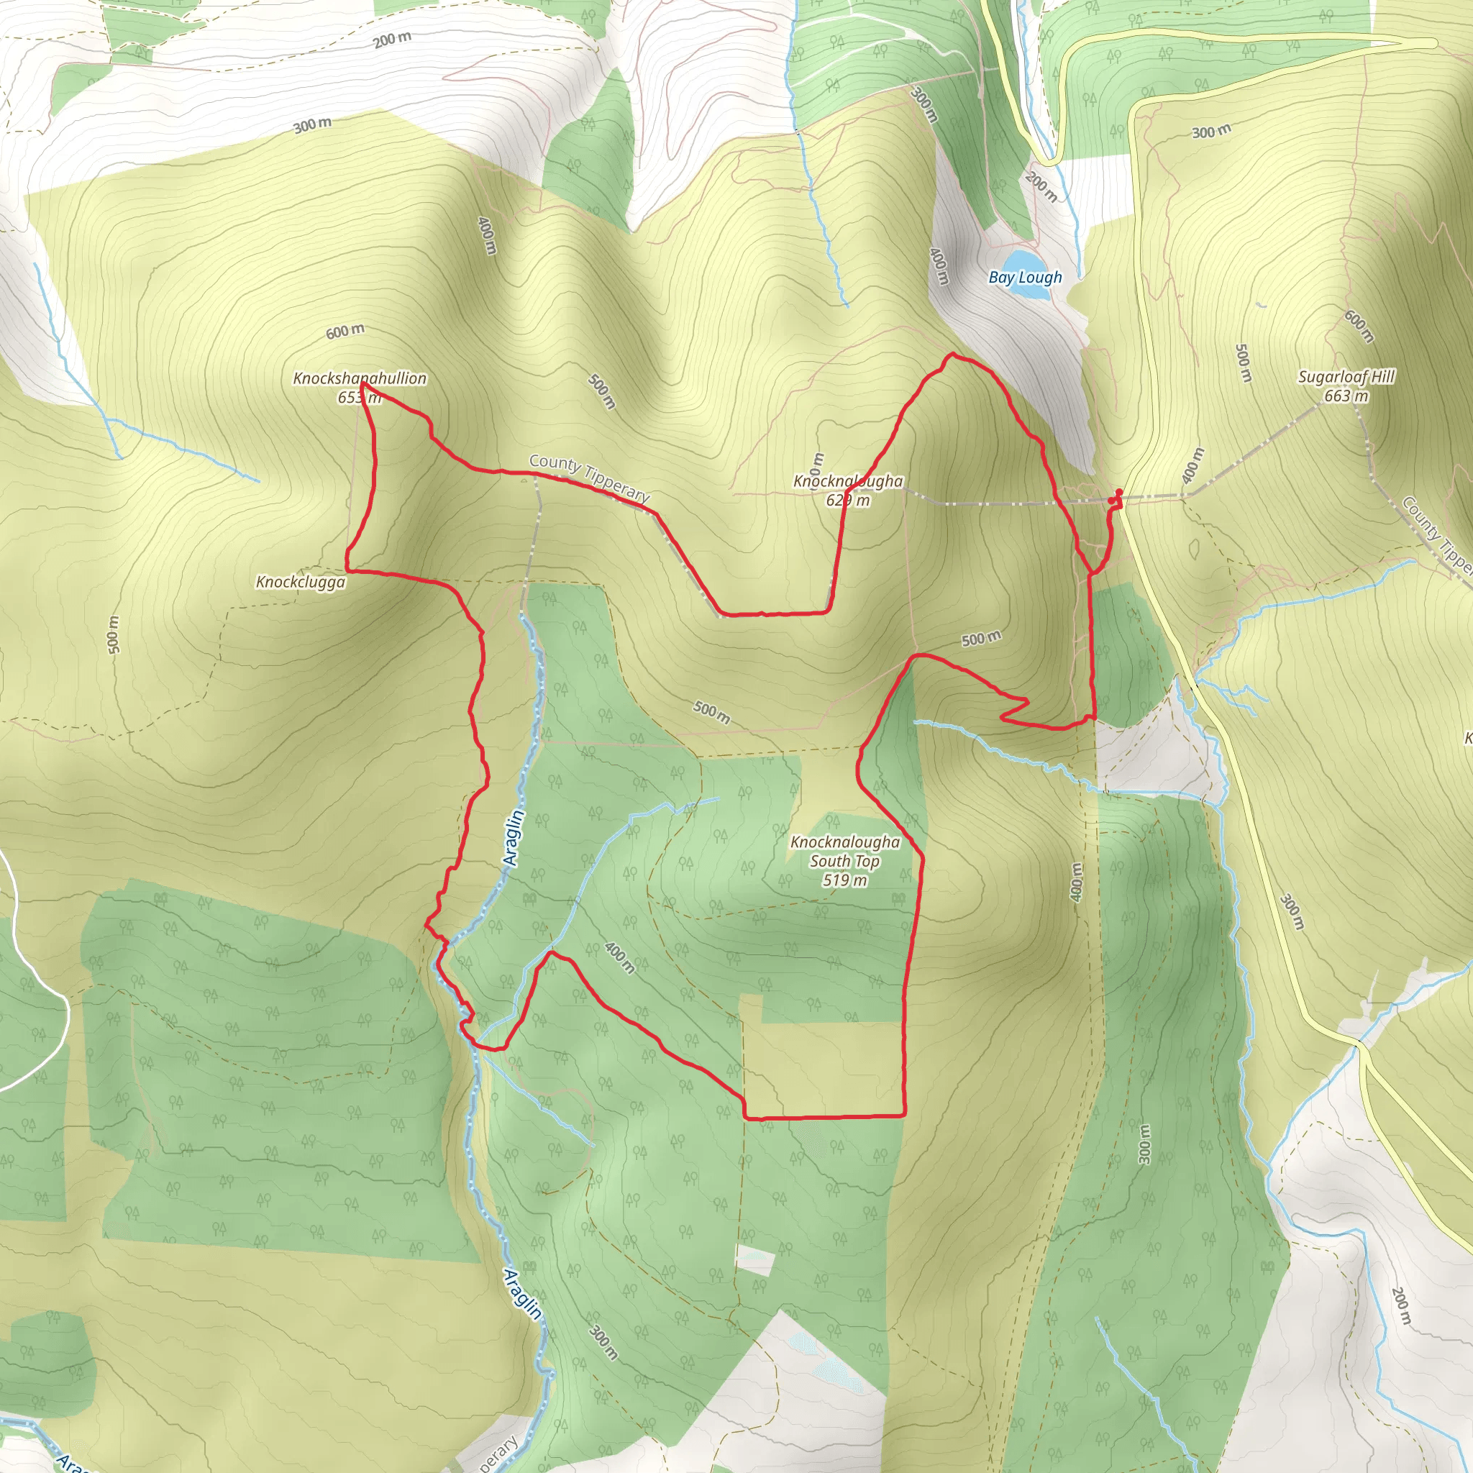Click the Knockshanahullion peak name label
coord(360,378)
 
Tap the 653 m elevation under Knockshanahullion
coord(358,397)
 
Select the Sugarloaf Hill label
coord(1346,377)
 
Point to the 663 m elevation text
coord(1346,396)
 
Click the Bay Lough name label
coord(1025,278)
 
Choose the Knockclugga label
coord(301,583)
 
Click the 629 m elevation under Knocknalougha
coord(847,501)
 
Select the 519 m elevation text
coord(845,880)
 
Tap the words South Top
coord(845,861)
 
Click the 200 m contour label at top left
coord(392,40)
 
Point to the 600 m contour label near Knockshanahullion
coord(345,331)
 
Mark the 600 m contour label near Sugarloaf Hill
coord(1359,327)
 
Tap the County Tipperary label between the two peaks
coord(588,478)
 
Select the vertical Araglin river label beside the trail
coord(515,838)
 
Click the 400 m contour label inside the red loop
coord(619,957)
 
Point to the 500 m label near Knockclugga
coord(114,634)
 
